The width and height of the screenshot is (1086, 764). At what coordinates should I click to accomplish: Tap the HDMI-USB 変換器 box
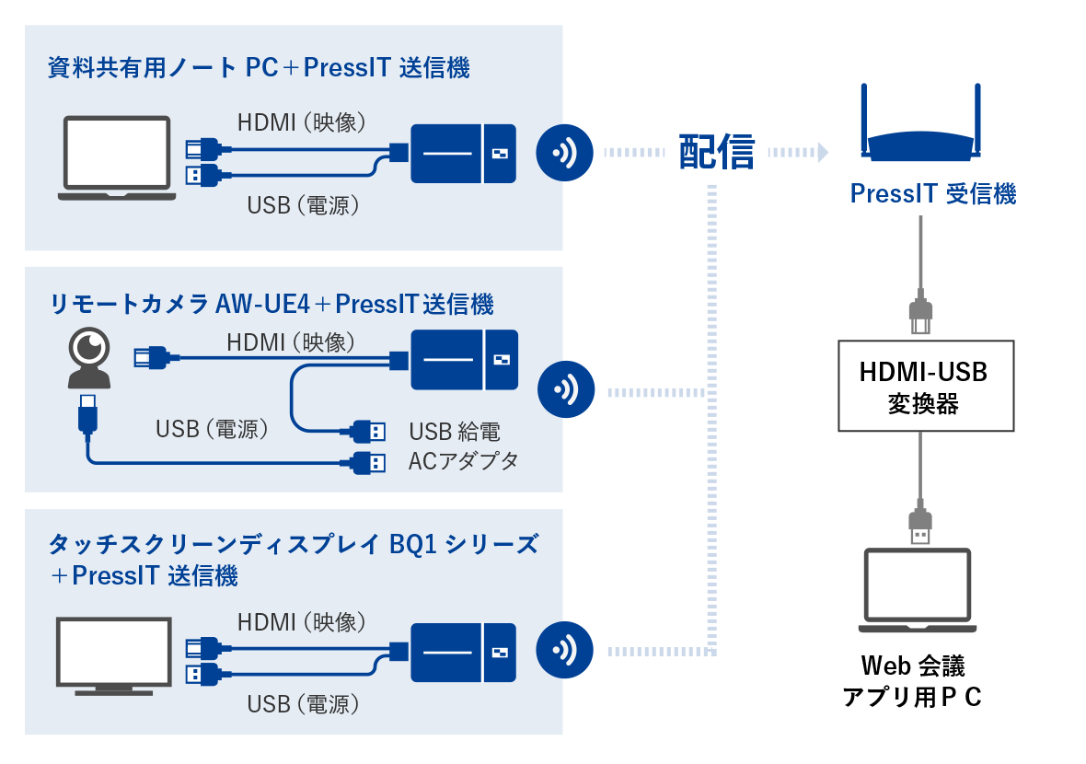click(x=926, y=386)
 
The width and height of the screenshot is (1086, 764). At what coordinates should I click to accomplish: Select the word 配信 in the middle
click(x=716, y=151)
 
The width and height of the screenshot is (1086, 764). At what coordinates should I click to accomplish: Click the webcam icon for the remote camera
click(x=90, y=359)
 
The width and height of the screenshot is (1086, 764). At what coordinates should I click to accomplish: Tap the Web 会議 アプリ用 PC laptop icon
click(x=917, y=591)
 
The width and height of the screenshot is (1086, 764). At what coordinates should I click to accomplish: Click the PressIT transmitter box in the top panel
click(x=463, y=153)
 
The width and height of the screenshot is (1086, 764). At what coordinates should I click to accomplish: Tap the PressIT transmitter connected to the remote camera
click(x=463, y=359)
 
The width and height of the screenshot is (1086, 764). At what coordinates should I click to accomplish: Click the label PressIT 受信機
click(x=932, y=194)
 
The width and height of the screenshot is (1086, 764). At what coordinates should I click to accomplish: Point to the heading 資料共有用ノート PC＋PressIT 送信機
click(x=259, y=69)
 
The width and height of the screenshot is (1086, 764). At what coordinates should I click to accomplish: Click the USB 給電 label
click(x=455, y=431)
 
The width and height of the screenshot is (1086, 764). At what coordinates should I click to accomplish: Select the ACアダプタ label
click(x=463, y=461)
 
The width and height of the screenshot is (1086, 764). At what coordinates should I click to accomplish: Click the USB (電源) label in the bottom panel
click(x=302, y=705)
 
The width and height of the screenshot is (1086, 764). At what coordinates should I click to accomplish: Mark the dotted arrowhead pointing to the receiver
click(x=822, y=151)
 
